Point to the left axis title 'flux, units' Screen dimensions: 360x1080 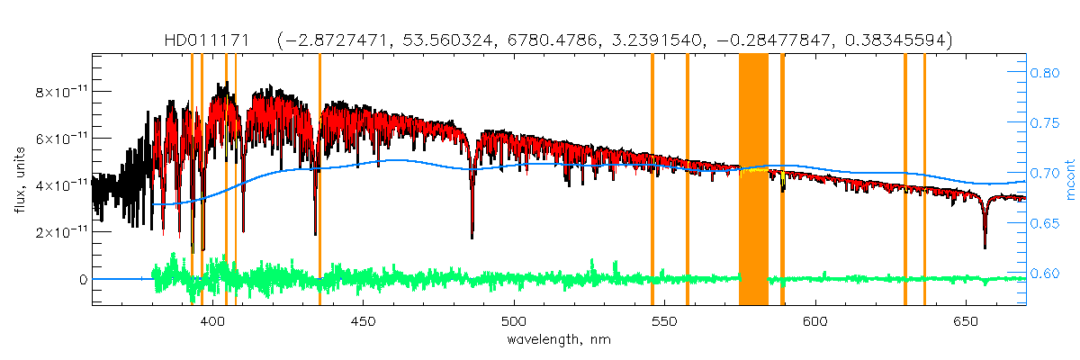coord(20,180)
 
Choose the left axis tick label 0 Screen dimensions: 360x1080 coord(82,279)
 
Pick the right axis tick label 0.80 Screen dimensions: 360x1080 coord(1046,73)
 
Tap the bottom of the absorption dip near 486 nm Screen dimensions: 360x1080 coord(472,236)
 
